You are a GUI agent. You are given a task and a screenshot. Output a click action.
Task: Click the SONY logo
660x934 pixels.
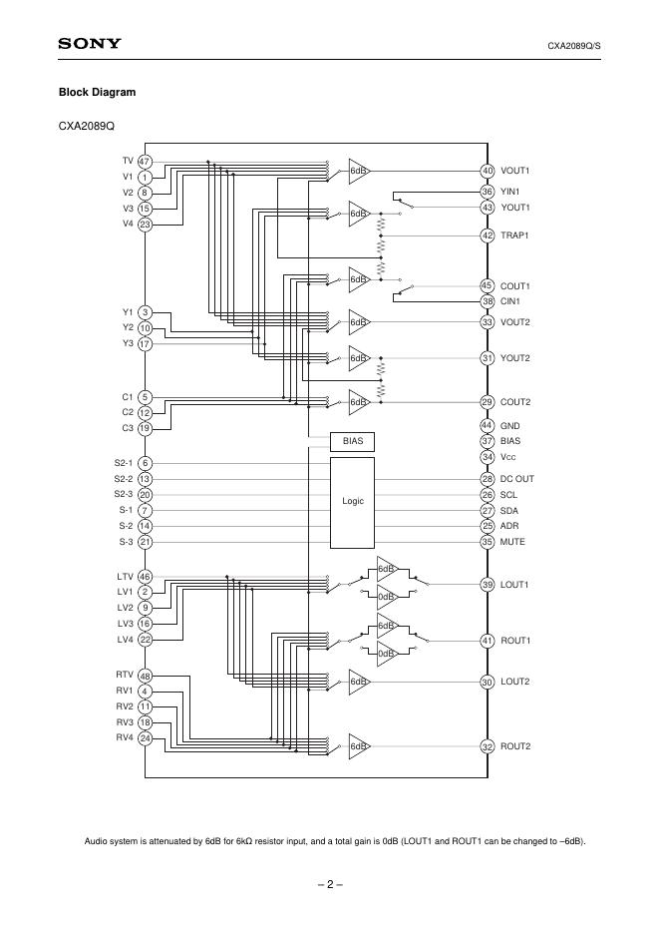pyautogui.click(x=90, y=44)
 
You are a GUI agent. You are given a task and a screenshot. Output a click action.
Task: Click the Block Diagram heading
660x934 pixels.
pyautogui.click(x=97, y=93)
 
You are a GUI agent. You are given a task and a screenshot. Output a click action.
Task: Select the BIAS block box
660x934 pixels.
pyautogui.click(x=352, y=441)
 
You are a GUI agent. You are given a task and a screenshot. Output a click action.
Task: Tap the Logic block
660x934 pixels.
pyautogui.click(x=352, y=502)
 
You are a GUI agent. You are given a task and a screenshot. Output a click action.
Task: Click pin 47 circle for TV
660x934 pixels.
pyautogui.click(x=145, y=162)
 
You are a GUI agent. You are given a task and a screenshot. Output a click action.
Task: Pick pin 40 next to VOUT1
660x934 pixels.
pyautogui.click(x=488, y=171)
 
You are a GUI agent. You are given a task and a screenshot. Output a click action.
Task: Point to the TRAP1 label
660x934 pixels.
pyautogui.click(x=514, y=235)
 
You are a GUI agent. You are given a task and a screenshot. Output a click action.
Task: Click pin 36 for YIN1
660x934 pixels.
pyautogui.click(x=488, y=192)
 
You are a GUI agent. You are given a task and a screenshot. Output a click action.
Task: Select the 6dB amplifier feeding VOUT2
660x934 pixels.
pyautogui.click(x=359, y=322)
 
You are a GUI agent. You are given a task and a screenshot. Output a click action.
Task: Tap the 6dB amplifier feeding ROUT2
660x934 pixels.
pyautogui.click(x=359, y=746)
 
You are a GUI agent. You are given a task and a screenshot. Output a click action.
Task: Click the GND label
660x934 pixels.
pyautogui.click(x=510, y=426)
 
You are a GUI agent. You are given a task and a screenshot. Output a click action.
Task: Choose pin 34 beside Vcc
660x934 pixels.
pyautogui.click(x=488, y=457)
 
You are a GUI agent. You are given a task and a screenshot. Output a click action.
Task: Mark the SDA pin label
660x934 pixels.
pyautogui.click(x=508, y=511)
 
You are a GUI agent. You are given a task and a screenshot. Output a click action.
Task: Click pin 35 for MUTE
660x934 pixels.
pyautogui.click(x=488, y=542)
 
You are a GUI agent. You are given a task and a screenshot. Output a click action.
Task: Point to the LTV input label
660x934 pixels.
pyautogui.click(x=125, y=577)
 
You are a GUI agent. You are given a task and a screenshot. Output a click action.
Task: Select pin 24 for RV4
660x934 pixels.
pyautogui.click(x=145, y=738)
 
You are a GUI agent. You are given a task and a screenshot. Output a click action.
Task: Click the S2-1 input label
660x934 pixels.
pyautogui.click(x=124, y=463)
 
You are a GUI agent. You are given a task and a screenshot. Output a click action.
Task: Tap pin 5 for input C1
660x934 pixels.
pyautogui.click(x=145, y=397)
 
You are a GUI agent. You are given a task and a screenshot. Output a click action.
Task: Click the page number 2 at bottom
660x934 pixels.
pyautogui.click(x=330, y=884)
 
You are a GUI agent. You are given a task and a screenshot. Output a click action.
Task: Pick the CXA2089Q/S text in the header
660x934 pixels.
pyautogui.click(x=573, y=46)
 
